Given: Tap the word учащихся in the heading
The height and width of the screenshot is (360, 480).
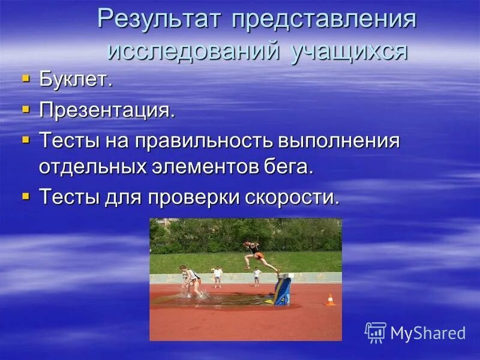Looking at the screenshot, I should point(350,50).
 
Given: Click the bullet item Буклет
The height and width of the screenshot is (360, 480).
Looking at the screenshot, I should point(76,80).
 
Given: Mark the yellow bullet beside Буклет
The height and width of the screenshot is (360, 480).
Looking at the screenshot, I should point(25,79).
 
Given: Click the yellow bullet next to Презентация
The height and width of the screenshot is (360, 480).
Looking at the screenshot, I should point(25,109).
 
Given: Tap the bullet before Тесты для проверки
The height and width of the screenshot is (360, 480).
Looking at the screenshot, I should point(25,195).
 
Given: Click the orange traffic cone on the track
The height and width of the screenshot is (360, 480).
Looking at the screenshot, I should point(329,300).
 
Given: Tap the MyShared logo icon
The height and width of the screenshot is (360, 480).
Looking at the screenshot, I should point(375,332).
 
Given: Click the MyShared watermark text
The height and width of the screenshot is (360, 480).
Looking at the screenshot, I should point(428,333).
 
